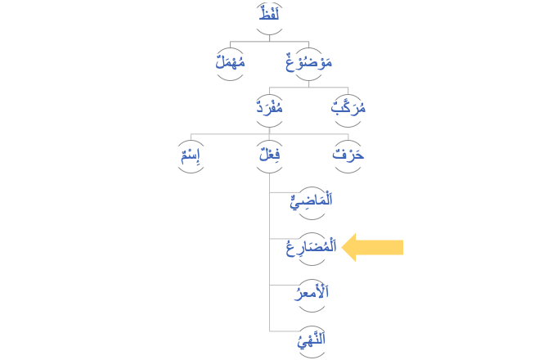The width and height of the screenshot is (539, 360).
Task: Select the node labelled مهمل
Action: tap(230, 62)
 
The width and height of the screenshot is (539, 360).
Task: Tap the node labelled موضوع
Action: tap(308, 62)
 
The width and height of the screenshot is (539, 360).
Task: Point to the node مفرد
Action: tap(269, 108)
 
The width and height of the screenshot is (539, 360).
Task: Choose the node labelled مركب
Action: tap(348, 108)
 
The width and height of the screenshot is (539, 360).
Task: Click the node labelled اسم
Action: tap(191, 155)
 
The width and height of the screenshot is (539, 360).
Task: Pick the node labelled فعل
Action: tap(269, 155)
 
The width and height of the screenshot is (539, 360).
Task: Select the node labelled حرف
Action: tap(348, 155)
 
